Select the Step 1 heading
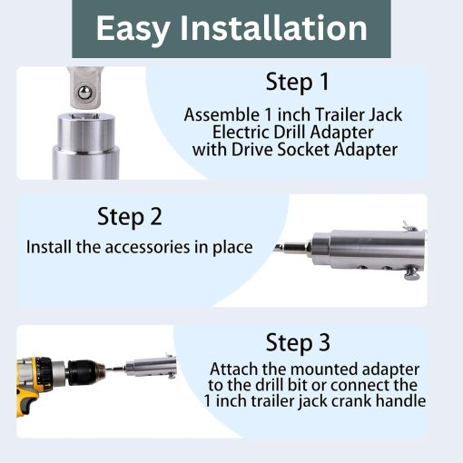tap(296, 82)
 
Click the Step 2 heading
tap(130, 217)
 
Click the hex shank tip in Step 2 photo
tap(290, 247)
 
